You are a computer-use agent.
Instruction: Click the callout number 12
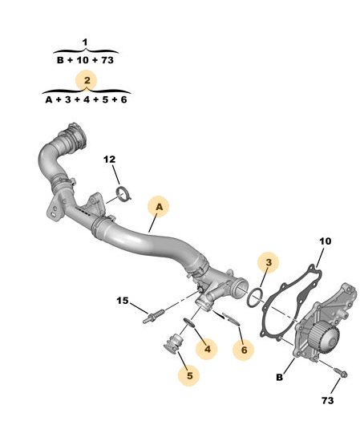109,160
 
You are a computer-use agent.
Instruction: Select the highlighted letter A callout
159,207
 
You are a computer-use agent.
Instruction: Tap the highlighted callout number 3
269,262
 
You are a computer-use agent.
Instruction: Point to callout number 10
325,241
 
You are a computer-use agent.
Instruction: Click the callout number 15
123,301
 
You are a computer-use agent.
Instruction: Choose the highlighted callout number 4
208,349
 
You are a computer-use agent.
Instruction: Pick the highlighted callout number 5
190,375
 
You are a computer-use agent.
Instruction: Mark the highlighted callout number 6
244,350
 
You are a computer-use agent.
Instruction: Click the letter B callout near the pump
279,378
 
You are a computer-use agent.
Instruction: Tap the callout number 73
327,400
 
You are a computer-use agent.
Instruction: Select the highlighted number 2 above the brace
87,80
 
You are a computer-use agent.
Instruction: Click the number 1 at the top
85,42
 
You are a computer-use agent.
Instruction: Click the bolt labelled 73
341,372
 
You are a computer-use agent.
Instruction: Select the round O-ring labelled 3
255,298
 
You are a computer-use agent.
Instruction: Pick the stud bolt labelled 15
153,316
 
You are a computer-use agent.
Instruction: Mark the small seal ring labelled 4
188,322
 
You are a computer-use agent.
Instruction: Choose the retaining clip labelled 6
231,319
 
